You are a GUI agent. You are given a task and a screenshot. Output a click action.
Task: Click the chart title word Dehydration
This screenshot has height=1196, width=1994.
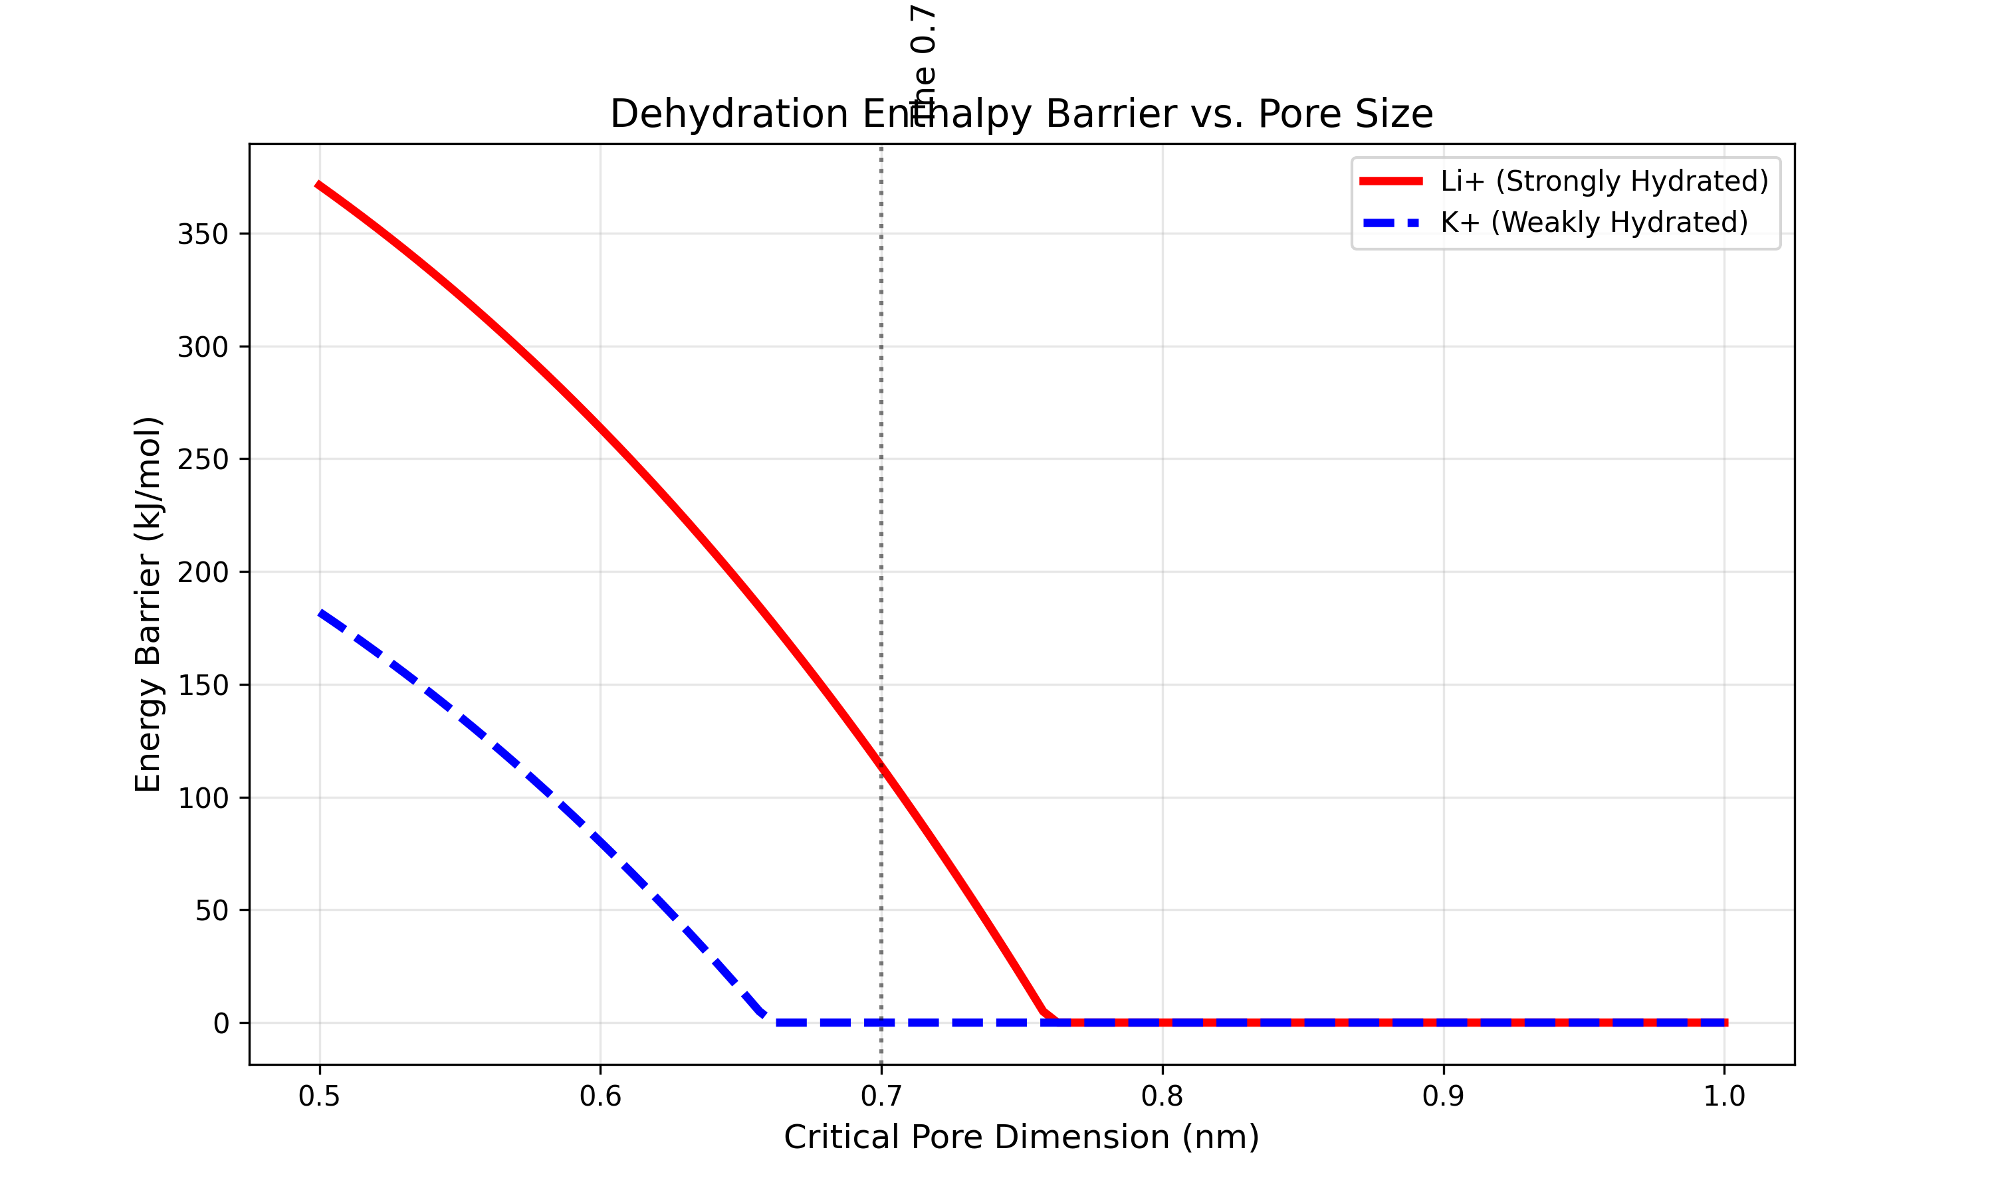point(728,114)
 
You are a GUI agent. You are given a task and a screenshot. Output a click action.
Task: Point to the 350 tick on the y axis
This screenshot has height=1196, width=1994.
point(203,235)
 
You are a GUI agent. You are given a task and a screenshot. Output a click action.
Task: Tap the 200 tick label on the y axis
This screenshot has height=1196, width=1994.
point(203,572)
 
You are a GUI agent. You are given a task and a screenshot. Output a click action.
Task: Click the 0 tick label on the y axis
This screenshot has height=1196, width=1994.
point(221,1023)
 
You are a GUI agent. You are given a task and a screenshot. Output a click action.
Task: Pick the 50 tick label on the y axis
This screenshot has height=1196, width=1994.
point(211,911)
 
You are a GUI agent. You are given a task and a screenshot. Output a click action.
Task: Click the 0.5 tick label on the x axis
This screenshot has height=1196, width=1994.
point(319,1096)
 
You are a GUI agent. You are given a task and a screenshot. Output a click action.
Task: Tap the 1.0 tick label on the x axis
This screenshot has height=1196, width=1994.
point(1724,1096)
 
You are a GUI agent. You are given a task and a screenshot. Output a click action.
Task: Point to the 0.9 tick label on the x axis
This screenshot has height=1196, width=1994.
point(1443,1096)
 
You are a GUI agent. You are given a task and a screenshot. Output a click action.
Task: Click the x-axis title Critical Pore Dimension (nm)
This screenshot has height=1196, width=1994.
point(1021,1137)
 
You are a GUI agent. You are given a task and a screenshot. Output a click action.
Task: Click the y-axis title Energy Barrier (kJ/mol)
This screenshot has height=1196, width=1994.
point(148,605)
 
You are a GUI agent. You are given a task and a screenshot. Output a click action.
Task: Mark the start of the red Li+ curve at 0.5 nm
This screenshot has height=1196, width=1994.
point(319,185)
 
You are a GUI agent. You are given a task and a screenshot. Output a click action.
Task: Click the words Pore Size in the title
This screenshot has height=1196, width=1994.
point(1345,114)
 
